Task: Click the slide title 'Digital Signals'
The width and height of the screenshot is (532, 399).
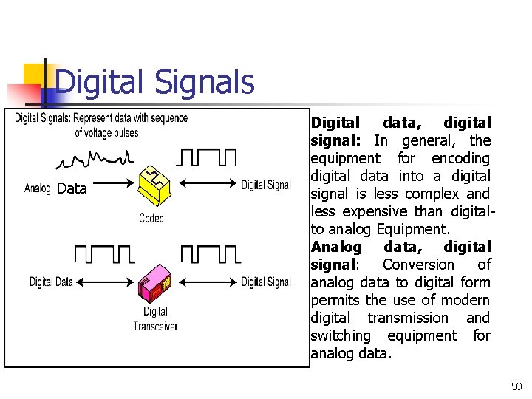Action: tap(154, 83)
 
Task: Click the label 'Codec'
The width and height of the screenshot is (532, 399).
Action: tap(151, 218)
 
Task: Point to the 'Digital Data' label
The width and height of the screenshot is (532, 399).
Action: tap(51, 282)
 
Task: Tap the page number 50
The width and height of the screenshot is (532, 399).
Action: tap(516, 386)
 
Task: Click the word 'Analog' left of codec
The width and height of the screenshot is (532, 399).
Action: tap(38, 188)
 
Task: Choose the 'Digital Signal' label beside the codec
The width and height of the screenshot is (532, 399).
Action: tap(266, 185)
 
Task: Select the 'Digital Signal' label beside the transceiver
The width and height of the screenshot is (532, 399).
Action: tap(266, 282)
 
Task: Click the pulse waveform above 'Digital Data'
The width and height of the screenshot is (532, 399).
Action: tap(104, 255)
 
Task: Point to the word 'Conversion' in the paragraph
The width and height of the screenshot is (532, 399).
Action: tap(418, 265)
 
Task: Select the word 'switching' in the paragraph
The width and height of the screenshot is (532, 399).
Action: tap(341, 335)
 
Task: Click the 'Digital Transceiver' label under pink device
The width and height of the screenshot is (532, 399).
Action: tap(155, 318)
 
